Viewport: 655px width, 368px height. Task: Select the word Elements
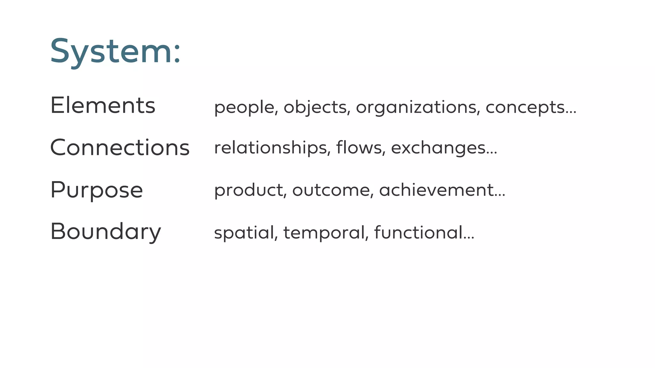tap(103, 105)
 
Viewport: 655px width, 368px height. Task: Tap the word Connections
tap(120, 148)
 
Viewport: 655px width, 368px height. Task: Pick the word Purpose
tap(97, 190)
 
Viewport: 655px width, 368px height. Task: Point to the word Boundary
tap(106, 232)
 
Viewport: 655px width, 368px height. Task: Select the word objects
tap(315, 107)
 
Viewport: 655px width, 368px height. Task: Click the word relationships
tap(271, 148)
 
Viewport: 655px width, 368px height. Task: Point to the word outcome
tap(331, 190)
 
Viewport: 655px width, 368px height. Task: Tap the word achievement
tap(436, 190)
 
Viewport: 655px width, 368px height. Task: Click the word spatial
tap(244, 233)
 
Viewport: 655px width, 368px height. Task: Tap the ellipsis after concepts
tap(571, 112)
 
